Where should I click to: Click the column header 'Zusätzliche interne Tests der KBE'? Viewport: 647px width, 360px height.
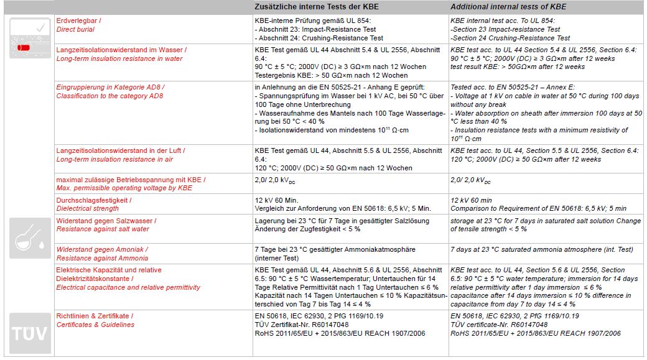pos(317,7)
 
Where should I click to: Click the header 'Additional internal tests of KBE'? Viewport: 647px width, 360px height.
pos(508,7)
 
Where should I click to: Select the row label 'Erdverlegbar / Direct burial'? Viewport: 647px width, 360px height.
pos(79,25)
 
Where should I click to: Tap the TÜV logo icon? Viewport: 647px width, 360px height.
pos(29,333)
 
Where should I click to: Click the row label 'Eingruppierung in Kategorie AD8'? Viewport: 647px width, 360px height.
pos(111,87)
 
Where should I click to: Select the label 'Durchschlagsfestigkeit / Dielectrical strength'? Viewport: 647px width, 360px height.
pos(94,205)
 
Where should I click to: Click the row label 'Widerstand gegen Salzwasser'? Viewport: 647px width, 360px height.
pos(106,221)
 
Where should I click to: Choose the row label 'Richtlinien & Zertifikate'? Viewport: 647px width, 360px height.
pos(95,316)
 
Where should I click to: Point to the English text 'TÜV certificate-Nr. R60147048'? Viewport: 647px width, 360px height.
pos(499,325)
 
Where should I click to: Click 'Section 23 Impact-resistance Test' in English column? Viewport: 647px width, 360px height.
pos(505,29)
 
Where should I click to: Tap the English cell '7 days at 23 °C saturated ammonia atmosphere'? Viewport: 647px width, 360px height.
pos(542,249)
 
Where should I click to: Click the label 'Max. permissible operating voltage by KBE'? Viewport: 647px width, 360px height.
pos(124,188)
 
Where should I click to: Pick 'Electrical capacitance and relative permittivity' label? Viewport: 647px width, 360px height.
pos(128,287)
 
